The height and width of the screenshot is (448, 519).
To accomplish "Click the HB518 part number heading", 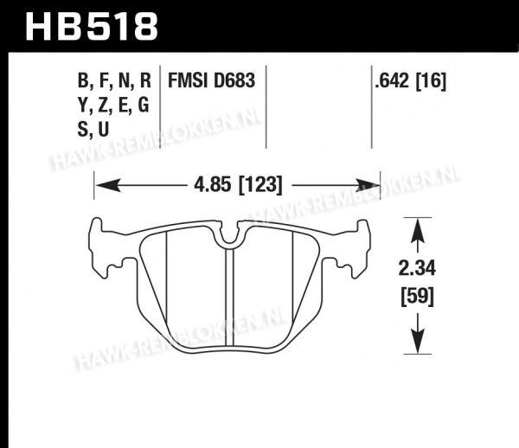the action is click(92, 27).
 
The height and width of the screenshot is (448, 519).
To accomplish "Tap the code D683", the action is click(234, 80).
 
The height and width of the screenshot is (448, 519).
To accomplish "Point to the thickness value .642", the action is click(392, 80).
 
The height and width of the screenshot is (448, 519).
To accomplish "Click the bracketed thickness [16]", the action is click(431, 81).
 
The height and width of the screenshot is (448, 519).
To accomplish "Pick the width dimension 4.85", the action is click(212, 184).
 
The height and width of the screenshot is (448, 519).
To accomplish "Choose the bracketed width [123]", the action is click(260, 185).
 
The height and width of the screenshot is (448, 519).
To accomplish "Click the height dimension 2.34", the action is click(417, 268).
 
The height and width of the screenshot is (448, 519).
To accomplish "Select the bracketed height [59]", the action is click(418, 297).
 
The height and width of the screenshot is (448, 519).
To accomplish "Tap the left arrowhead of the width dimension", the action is click(107, 185).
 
